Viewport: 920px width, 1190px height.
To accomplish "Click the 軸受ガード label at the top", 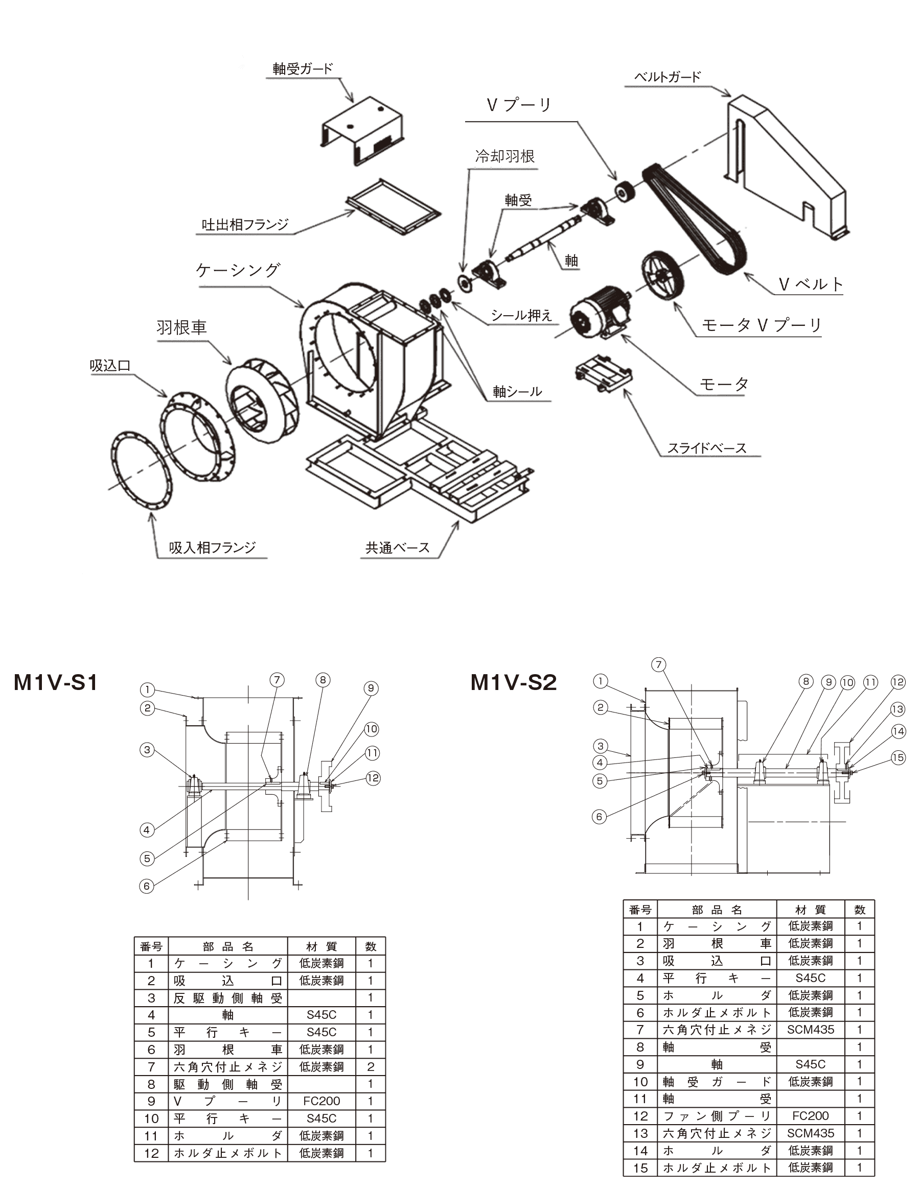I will (x=302, y=69).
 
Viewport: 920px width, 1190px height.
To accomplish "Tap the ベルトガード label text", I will (x=667, y=77).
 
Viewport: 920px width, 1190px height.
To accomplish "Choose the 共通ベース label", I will (x=397, y=548).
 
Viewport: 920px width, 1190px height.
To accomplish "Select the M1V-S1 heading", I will (x=56, y=682).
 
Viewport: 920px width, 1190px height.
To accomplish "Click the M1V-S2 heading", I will (x=513, y=682).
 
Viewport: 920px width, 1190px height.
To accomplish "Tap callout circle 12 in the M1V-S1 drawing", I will (x=373, y=777).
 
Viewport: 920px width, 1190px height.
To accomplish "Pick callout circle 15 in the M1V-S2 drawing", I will (x=898, y=757).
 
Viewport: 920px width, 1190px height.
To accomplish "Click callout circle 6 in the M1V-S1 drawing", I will (x=146, y=886).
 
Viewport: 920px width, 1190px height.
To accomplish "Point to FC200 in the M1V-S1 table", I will (x=321, y=1101).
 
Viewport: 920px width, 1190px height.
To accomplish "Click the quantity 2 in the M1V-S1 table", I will (x=370, y=1067).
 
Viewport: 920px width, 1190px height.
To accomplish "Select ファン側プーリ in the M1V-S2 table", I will (x=717, y=1116).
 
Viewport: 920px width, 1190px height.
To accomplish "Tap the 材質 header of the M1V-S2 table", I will (x=811, y=910).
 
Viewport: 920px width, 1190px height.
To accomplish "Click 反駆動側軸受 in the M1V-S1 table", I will (x=228, y=998).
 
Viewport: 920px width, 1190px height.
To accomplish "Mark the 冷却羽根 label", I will (x=505, y=157).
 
